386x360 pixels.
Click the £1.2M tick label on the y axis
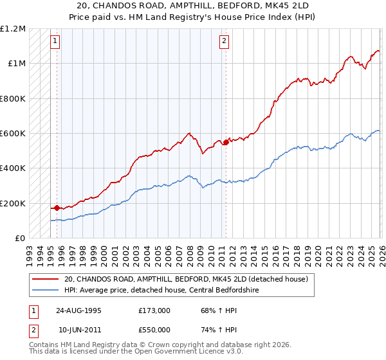coord(12,28)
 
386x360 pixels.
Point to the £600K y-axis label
coord(12,133)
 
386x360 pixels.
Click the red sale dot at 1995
coord(57,208)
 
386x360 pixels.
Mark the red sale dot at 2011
coord(226,143)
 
